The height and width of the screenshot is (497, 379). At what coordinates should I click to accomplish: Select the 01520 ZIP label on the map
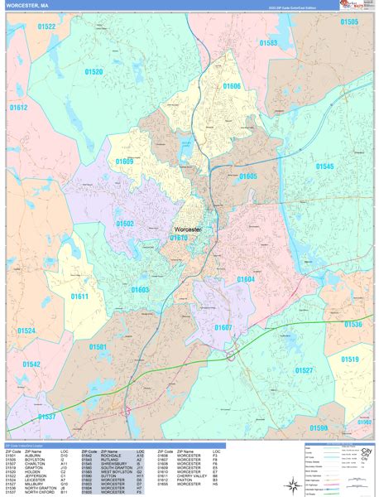point(93,72)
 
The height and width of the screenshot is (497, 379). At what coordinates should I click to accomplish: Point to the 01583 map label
point(268,42)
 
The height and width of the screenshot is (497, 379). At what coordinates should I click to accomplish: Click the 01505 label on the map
point(349,22)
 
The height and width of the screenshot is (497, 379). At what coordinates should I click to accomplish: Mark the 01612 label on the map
point(18,108)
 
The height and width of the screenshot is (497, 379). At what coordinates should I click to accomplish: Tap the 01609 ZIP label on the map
point(125,162)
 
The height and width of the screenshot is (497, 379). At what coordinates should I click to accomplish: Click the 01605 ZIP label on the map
point(247,176)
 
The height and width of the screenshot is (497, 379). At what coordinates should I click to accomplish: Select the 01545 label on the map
point(324,166)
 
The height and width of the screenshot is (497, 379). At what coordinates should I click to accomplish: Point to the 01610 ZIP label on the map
point(179,239)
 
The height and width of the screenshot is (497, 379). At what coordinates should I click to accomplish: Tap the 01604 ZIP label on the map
point(245,280)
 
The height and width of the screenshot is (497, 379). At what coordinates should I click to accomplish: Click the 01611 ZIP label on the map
point(79,296)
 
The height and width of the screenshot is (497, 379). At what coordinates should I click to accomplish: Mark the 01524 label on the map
point(26,331)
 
